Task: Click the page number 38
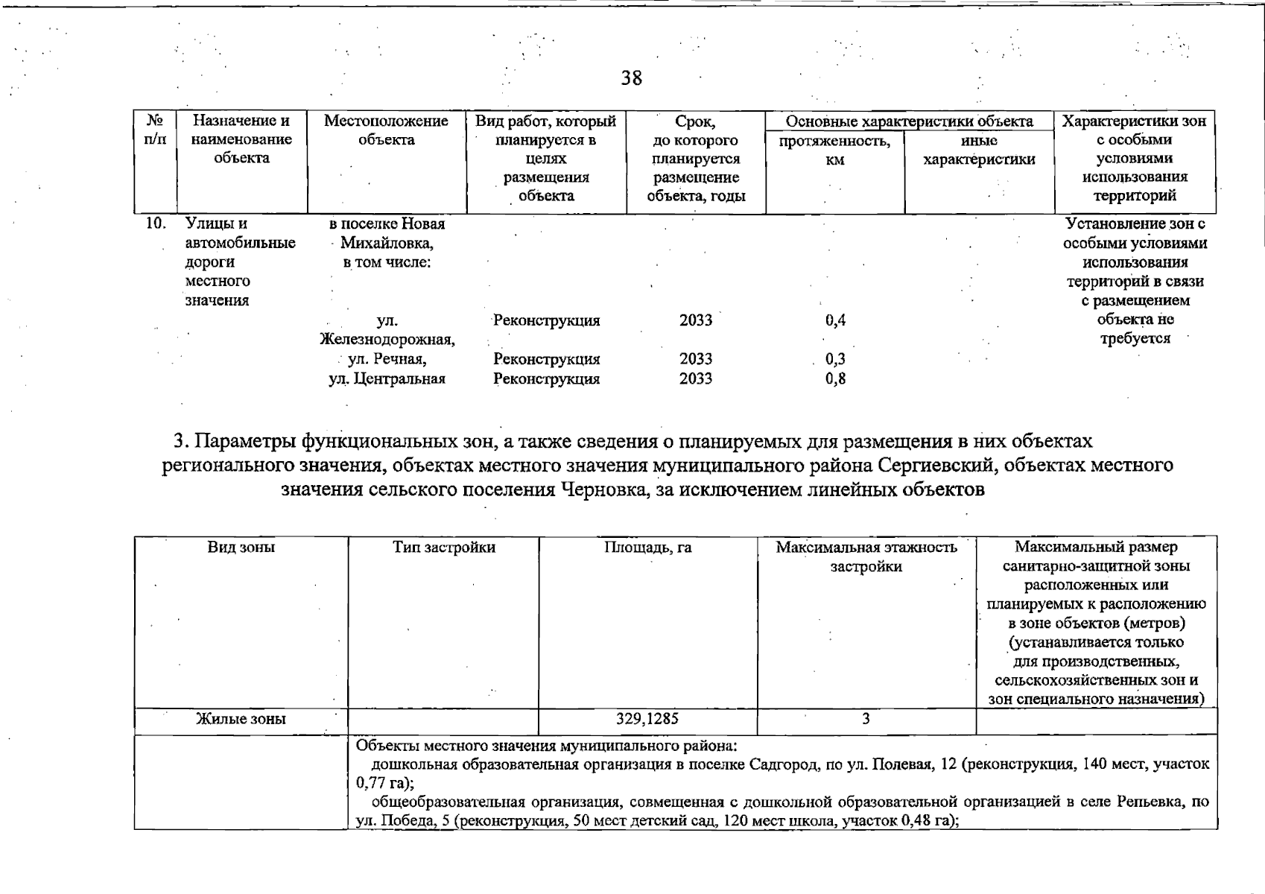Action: point(632,78)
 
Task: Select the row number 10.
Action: point(155,223)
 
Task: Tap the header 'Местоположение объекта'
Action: point(386,130)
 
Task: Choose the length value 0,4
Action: point(835,320)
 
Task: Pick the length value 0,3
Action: point(835,359)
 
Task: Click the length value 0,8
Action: point(835,378)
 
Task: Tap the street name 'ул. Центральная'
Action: point(387,378)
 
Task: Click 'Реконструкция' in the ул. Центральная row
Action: point(547,378)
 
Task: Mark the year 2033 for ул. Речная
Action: point(696,359)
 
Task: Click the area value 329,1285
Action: point(647,719)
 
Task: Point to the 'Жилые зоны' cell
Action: point(241,719)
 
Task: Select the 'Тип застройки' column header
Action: point(444,548)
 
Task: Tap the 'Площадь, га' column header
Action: point(647,548)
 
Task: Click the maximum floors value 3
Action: point(866,719)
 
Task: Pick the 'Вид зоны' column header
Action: point(241,548)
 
